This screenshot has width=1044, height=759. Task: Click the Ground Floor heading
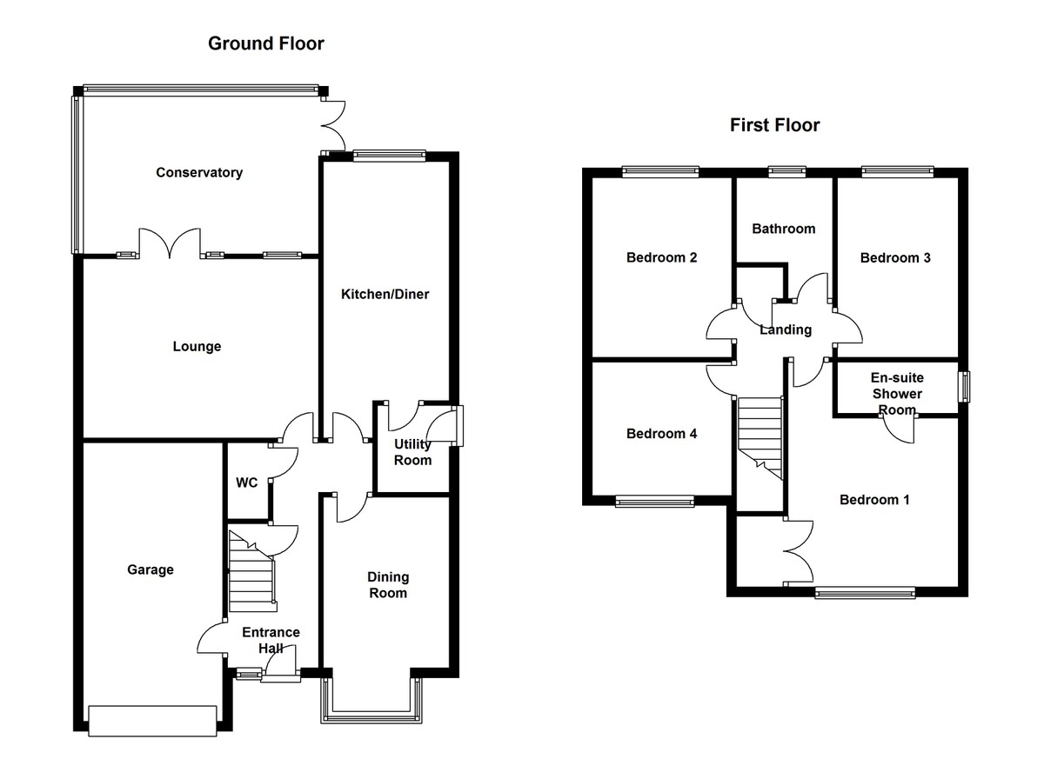[x=265, y=43]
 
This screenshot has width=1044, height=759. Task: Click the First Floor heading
[x=774, y=125]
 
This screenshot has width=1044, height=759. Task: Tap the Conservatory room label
[x=199, y=172]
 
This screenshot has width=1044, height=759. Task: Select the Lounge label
[x=197, y=347]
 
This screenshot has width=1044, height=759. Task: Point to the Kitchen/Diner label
[x=385, y=295]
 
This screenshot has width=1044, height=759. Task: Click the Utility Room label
[x=412, y=452]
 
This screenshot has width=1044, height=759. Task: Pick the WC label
[x=247, y=483]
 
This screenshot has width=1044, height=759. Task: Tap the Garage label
[x=151, y=569]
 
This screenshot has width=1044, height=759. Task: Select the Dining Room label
[x=388, y=585]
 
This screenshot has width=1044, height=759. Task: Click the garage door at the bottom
[x=152, y=721]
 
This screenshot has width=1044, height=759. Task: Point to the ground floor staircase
[x=251, y=569]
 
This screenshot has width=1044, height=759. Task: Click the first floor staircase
[x=760, y=437]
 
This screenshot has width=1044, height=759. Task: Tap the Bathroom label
[x=784, y=229]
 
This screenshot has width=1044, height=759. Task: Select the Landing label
[x=786, y=330]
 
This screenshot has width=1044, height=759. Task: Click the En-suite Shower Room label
[x=897, y=394]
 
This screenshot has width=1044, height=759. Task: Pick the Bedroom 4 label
[x=661, y=434]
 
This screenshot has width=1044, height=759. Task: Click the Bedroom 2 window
[x=661, y=171]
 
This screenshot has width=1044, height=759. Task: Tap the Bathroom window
[x=787, y=171]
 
